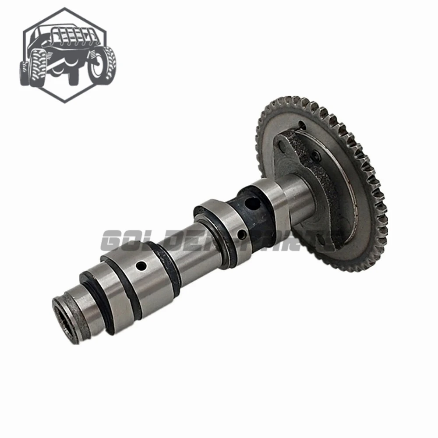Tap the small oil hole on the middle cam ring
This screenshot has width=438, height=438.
tap(240, 236)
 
